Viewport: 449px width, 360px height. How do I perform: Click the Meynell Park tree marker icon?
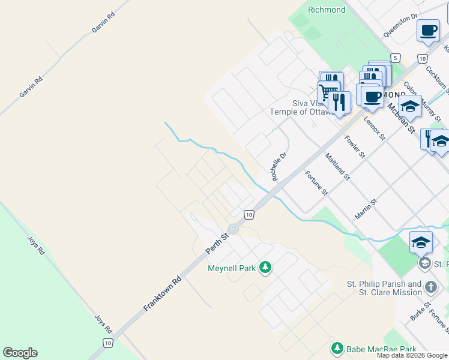265,268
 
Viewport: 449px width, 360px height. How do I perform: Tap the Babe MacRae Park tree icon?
337,349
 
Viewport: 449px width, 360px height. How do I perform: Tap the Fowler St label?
355,146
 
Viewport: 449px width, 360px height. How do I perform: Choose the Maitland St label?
337,167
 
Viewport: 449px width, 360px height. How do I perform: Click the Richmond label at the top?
327,10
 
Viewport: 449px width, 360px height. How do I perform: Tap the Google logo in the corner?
20,353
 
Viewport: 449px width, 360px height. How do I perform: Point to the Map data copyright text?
412,355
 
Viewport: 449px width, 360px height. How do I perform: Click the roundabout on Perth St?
234,229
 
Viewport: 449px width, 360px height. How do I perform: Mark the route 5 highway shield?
394,58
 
